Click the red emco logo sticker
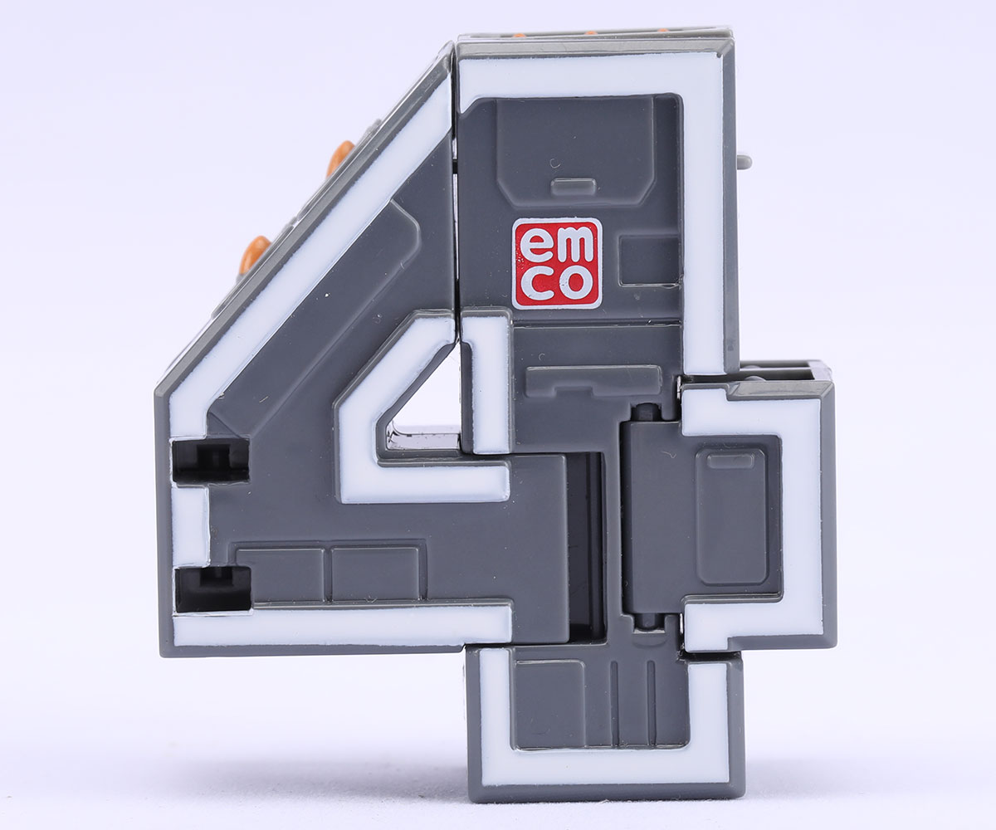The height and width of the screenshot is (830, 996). [557, 263]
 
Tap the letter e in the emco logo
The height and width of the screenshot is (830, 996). [534, 245]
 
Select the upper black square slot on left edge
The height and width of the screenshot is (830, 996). [210, 461]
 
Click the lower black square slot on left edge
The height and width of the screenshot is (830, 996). [213, 589]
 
